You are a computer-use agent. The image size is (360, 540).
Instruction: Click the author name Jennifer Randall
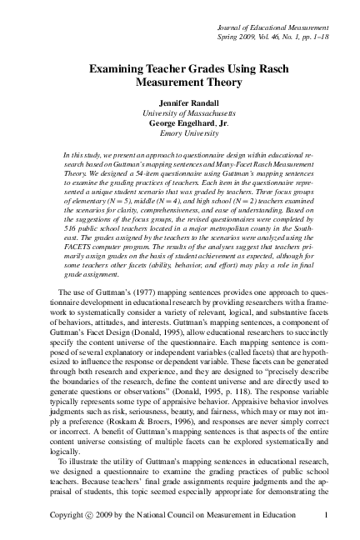pos(180,101)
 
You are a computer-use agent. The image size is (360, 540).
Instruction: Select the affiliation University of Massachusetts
pos(180,112)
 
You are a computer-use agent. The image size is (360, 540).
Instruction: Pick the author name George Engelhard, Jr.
pos(180,122)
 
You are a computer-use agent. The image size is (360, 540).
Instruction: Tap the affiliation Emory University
pos(180,133)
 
